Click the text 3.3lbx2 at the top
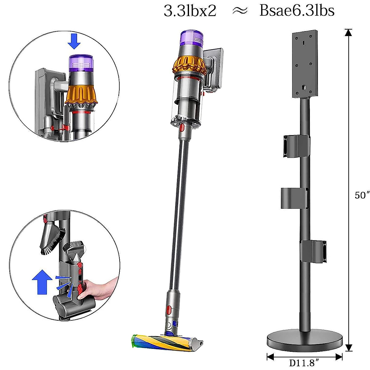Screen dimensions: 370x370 [190, 11]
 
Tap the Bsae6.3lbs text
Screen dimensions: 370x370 [297, 11]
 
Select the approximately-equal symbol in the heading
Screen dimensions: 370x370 [239, 11]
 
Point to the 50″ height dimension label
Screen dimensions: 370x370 [362, 195]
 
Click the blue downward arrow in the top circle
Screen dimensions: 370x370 [74, 41]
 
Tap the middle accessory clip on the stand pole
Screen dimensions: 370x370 [294, 198]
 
